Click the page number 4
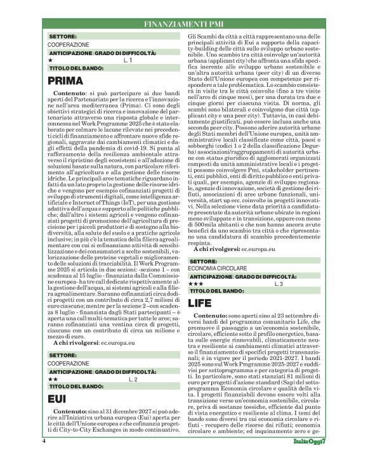coord(44,458)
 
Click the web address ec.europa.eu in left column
coord(117,342)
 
